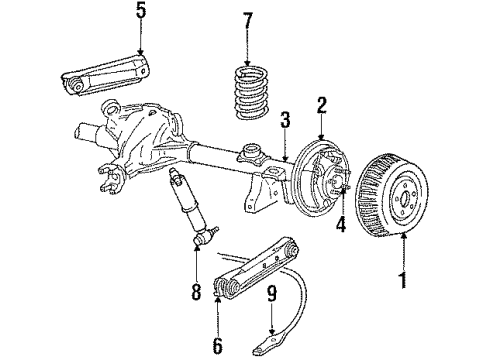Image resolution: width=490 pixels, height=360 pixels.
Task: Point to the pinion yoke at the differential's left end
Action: (110, 181)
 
